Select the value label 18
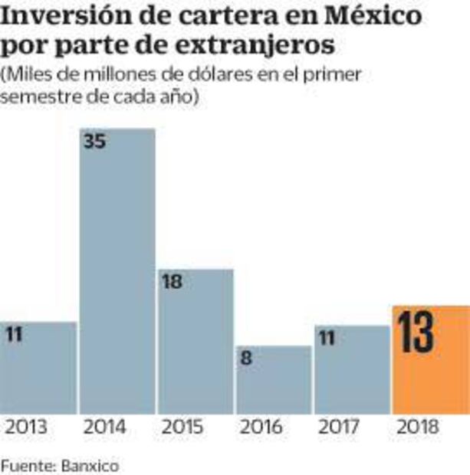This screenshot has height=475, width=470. (x=173, y=281)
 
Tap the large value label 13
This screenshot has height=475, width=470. (x=416, y=333)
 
